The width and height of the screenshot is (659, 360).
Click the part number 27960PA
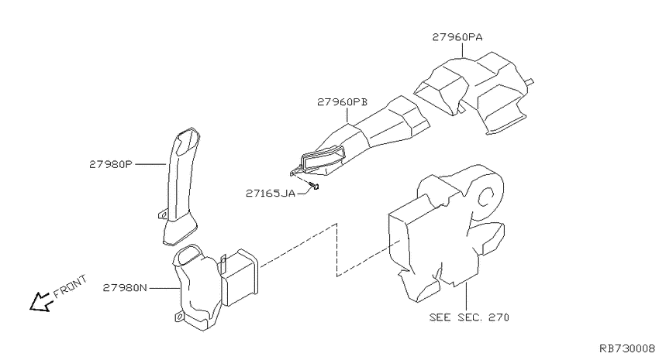coord(457,37)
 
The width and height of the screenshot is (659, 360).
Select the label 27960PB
coord(342,102)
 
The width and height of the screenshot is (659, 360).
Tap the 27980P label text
coord(111,164)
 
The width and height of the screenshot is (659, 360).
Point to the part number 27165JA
coord(271,194)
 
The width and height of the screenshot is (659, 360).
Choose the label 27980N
coord(125,288)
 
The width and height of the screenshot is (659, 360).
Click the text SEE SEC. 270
coord(469,317)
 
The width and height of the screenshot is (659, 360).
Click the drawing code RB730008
coord(626,348)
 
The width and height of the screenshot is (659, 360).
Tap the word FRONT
coord(71,286)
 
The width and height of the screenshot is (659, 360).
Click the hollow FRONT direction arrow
coord(41,302)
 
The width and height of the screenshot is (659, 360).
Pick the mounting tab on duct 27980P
coord(163,214)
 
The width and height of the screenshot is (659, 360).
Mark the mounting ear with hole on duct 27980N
coord(179,317)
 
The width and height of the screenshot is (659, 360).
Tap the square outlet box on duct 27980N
coord(240,277)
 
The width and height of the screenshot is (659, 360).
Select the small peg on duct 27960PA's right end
coord(530,82)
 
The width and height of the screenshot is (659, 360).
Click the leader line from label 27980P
coord(150,164)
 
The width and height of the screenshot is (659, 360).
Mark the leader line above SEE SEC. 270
coord(467,297)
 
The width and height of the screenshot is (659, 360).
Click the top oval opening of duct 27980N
coord(188,254)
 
